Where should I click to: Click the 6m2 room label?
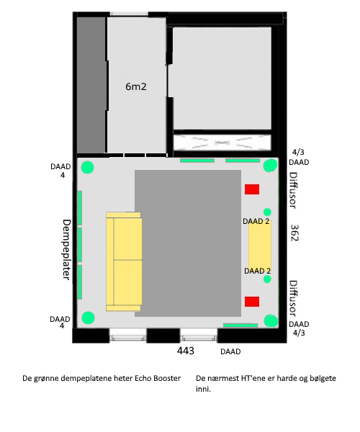(136, 87)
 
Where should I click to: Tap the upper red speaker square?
(252, 189)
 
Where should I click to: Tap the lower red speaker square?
(252, 302)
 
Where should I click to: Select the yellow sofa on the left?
(124, 261)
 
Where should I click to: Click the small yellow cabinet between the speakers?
(260, 246)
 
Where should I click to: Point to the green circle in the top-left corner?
(87, 167)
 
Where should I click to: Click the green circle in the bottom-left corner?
(88, 318)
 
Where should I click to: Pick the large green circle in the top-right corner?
(270, 166)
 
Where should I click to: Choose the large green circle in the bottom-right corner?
(271, 321)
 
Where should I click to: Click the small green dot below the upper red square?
(267, 212)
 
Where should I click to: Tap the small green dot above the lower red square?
(267, 279)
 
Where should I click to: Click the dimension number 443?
(185, 351)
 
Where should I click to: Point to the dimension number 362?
(294, 233)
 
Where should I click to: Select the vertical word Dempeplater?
(67, 250)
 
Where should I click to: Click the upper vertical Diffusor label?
(293, 191)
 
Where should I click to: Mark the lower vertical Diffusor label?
(293, 299)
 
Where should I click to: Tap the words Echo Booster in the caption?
(158, 378)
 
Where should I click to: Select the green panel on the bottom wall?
(240, 325)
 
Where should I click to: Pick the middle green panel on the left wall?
(80, 245)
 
